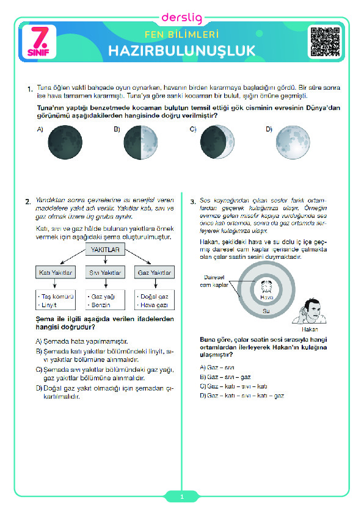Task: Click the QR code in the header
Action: [326, 42]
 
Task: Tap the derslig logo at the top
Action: [182, 18]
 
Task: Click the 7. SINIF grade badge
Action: [39, 42]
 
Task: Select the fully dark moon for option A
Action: [65, 142]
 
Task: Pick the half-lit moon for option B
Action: [140, 142]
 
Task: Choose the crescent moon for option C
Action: [217, 142]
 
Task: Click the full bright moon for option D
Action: [293, 142]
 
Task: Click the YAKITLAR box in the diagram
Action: [105, 250]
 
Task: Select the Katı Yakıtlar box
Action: [56, 272]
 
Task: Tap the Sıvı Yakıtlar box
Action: [105, 272]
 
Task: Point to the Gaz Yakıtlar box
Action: [155, 272]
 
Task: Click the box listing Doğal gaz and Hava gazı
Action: [155, 300]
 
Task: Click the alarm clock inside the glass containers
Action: [266, 287]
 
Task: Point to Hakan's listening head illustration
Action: [310, 311]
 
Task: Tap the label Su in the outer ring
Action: [266, 311]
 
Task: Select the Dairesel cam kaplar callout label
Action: [214, 281]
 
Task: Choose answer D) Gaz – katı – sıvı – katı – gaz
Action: [242, 396]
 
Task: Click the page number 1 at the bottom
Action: [182, 497]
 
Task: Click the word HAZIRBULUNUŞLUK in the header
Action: [181, 51]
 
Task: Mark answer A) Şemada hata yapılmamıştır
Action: [82, 341]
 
